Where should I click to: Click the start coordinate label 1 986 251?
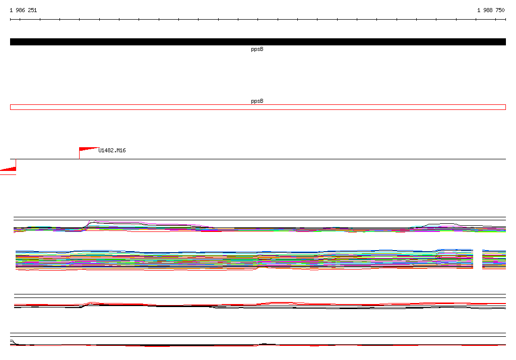(23, 10)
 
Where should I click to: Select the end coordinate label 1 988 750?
(491, 10)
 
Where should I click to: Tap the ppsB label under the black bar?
(257, 49)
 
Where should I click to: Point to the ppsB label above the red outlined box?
(257, 101)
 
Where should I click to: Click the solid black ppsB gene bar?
(258, 42)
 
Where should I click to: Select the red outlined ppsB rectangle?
(258, 105)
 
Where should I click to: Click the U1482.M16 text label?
(112, 150)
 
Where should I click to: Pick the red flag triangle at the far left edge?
(9, 169)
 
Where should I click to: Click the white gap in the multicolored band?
(478, 259)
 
